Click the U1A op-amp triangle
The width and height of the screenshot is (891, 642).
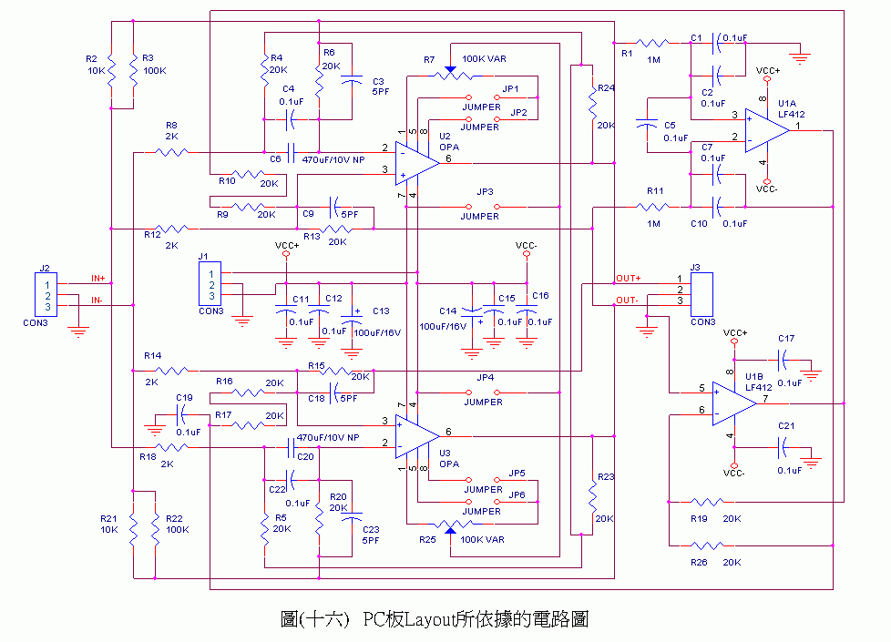tap(765, 128)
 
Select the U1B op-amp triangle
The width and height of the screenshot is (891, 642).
tap(734, 402)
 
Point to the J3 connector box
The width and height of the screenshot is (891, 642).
tap(702, 290)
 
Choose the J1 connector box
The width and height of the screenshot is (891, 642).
tap(210, 284)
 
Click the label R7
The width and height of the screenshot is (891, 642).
tap(429, 59)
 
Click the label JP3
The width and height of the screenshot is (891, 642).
tap(485, 192)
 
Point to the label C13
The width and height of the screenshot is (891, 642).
tap(381, 311)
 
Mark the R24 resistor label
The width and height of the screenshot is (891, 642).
tap(607, 88)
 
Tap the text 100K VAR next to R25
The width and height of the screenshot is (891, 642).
tap(484, 540)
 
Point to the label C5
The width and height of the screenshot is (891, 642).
tap(670, 125)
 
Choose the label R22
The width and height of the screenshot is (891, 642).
tap(177, 518)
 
